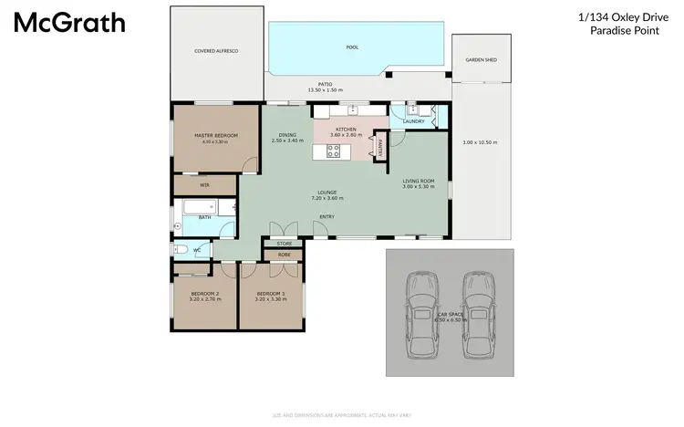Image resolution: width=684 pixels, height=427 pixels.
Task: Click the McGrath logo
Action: click(x=69, y=23)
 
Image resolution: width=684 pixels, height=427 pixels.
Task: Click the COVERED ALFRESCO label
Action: click(x=216, y=51)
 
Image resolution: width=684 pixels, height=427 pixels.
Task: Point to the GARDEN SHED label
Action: click(x=480, y=58)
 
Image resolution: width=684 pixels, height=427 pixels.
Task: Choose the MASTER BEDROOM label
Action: click(x=216, y=135)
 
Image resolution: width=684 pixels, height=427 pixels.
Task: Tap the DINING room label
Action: click(x=287, y=135)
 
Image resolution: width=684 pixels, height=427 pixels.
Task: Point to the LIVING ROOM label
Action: click(x=418, y=181)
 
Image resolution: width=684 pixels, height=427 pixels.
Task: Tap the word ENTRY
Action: click(x=326, y=216)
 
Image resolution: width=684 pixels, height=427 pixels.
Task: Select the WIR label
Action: click(x=204, y=184)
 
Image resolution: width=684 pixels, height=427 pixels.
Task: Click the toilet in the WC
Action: click(x=181, y=249)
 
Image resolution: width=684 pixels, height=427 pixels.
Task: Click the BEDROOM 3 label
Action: click(x=271, y=294)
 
